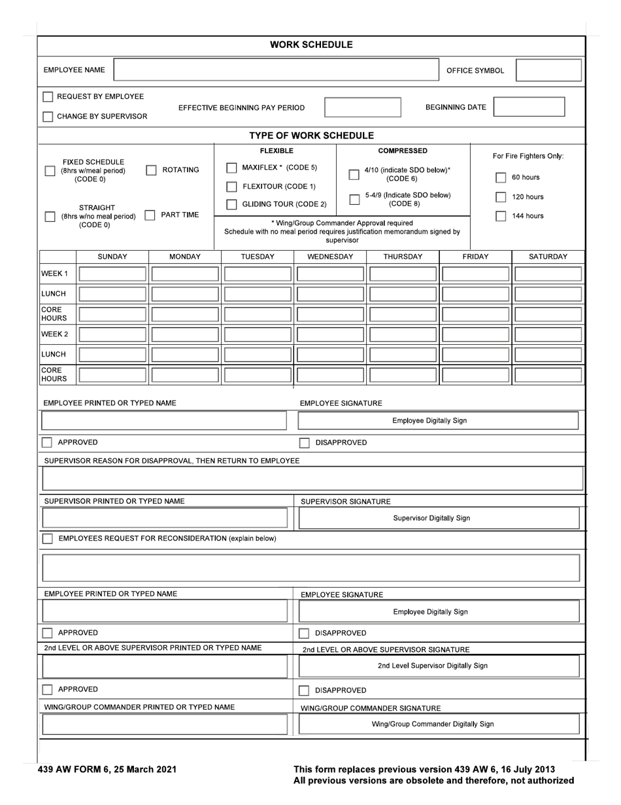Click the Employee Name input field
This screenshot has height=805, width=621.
pos(277,70)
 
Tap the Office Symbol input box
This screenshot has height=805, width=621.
pos(548,70)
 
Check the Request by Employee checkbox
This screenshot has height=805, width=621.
pos(48,97)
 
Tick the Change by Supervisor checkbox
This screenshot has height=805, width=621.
pos(48,116)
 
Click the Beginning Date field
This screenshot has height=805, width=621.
pos(529,107)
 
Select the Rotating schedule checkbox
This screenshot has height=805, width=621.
pos(151,170)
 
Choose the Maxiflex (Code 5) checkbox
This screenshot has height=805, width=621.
pos(231,168)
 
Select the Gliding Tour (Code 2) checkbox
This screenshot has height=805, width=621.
pos(231,204)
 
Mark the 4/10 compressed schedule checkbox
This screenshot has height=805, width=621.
pos(354,175)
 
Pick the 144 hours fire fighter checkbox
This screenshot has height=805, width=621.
pos(500,216)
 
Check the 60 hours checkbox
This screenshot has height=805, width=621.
pos(500,177)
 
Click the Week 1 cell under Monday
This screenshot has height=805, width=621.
pos(185,274)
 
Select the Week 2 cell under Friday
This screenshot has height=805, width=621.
pos(475,334)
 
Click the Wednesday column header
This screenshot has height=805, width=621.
pos(330,257)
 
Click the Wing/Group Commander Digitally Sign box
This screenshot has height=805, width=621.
pos(439,724)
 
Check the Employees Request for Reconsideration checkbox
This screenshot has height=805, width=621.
pos(48,539)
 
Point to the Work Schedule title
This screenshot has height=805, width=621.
pos(311,45)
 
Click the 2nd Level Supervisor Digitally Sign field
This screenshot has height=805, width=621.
pos(439,666)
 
